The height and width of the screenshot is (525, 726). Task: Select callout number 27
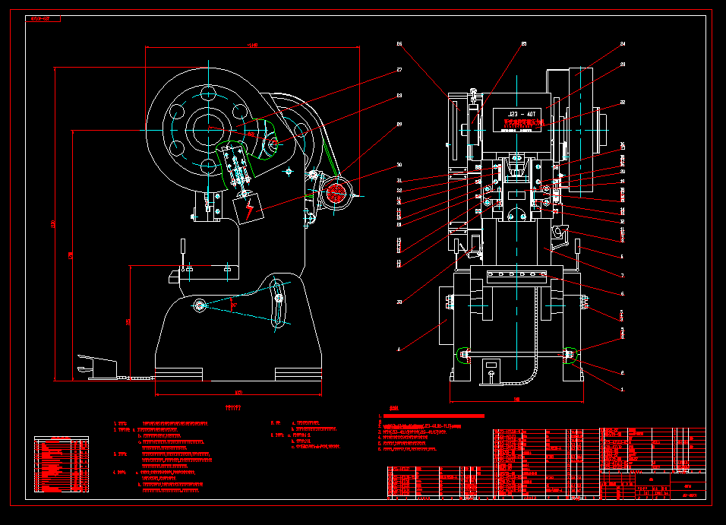click(x=399, y=70)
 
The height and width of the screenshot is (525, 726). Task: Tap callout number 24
click(x=623, y=44)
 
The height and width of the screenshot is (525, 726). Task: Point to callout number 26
click(x=399, y=44)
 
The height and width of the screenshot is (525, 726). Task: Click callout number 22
click(x=623, y=103)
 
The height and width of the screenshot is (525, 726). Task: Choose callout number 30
click(x=399, y=164)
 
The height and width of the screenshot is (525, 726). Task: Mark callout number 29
click(x=399, y=124)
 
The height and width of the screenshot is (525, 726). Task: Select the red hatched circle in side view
click(x=336, y=191)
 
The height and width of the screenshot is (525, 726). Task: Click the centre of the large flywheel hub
click(x=207, y=130)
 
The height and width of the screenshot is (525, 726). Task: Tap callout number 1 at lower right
click(x=623, y=389)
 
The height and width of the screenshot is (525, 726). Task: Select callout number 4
click(x=399, y=349)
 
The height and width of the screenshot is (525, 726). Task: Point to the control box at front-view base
click(x=492, y=372)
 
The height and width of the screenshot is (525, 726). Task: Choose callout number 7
click(x=623, y=276)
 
